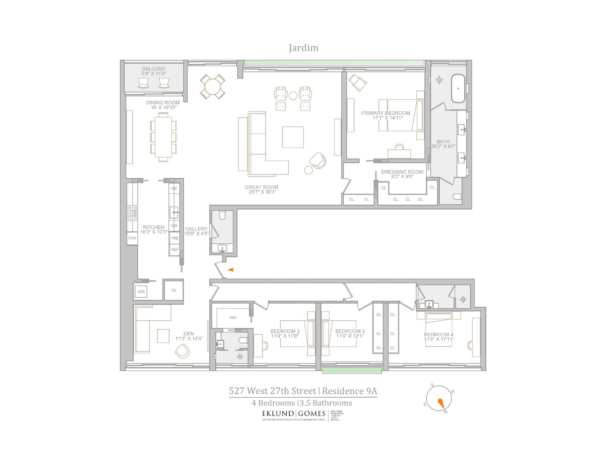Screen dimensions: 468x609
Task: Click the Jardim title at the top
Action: [303, 48]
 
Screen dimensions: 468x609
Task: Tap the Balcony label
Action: [154, 69]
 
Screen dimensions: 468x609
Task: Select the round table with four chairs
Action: [213, 86]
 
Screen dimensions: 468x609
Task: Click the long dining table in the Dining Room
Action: [163, 137]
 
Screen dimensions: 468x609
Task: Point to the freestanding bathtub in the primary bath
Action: [458, 88]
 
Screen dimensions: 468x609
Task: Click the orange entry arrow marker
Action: [231, 270]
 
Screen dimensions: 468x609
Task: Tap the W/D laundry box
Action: [141, 292]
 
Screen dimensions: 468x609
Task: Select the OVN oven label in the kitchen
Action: [132, 238]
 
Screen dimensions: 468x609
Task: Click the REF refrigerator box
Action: [175, 250]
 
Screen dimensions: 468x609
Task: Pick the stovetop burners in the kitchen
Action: [132, 213]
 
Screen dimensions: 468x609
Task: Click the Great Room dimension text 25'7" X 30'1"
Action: [261, 192]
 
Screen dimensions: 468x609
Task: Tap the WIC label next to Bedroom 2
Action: [233, 318]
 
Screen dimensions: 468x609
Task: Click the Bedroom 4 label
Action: [438, 334]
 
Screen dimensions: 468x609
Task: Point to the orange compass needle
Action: [441, 403]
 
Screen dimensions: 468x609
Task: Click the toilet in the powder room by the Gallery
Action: [222, 216]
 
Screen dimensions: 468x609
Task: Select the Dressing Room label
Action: [402, 172]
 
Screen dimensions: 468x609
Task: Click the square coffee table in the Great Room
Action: [293, 137]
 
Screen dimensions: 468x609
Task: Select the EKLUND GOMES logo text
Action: [293, 413]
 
